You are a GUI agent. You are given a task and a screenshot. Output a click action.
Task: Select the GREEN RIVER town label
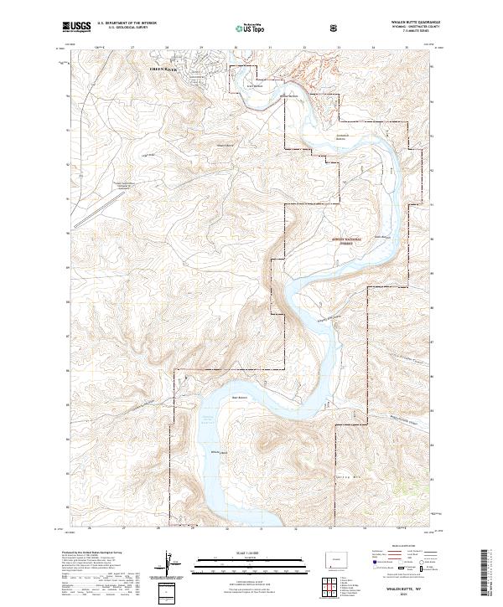pos(163,68)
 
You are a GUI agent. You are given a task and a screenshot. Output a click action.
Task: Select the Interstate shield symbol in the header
pos(335,28)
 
